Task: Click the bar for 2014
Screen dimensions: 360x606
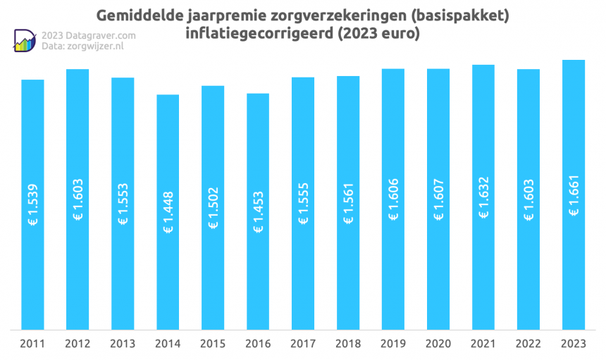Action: coord(168,211)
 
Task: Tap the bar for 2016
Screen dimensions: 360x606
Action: coord(258,211)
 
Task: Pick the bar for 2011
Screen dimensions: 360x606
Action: coord(32,204)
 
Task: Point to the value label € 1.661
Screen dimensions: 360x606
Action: coord(574,204)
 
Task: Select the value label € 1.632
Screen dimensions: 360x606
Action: coord(483,204)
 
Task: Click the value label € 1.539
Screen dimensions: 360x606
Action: coord(32,205)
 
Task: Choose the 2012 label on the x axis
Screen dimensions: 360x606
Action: coord(78,344)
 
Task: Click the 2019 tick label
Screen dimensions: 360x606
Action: coord(393,344)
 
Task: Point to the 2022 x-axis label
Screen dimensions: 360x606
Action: coord(528,344)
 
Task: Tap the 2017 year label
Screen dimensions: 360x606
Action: coord(303,344)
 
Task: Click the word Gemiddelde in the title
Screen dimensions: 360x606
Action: coord(139,15)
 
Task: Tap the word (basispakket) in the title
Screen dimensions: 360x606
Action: coord(459,15)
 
